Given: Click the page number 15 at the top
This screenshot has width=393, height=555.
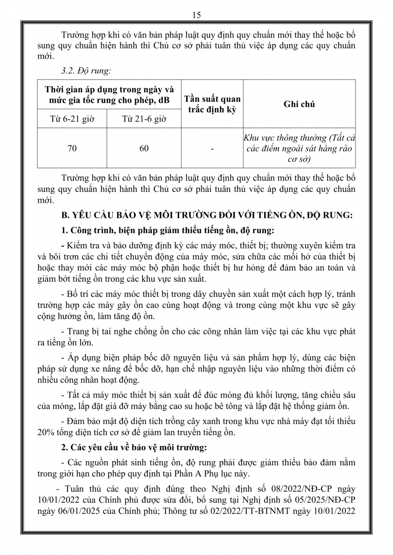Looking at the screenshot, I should click(196, 15).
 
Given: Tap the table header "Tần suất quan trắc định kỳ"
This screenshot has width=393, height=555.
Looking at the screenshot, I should click(212, 104).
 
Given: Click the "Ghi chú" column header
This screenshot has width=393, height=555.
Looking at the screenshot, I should click(299, 104).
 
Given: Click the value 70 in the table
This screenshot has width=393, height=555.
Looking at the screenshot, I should click(72, 148).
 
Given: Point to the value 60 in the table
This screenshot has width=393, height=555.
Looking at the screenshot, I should click(143, 148).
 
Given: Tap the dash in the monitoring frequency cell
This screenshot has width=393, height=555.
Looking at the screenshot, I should click(212, 149).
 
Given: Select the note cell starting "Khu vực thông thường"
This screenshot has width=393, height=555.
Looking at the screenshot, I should click(299, 148).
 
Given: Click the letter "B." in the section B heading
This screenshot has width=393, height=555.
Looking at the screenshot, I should click(66, 215).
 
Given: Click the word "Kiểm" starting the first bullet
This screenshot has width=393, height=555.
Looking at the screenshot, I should click(78, 245).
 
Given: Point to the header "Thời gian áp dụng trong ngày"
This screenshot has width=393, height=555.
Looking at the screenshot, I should click(109, 89).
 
